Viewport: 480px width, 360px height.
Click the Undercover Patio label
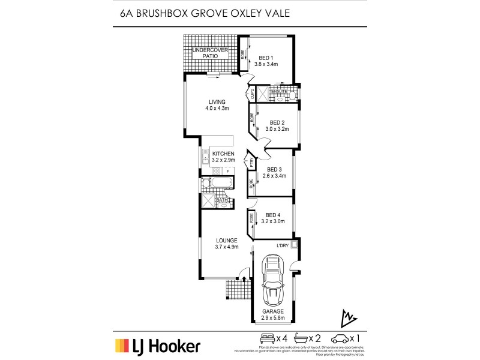tap(210, 52)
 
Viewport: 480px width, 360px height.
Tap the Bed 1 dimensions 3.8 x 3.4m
tap(266, 64)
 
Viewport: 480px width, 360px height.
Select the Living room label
tap(217, 101)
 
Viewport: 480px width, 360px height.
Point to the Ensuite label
tap(277, 91)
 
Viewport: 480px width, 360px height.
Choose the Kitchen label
tap(223, 154)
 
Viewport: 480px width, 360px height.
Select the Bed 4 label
tap(273, 215)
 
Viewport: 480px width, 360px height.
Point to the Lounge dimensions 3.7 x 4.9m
tap(227, 247)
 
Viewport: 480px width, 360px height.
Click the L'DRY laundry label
tap(283, 245)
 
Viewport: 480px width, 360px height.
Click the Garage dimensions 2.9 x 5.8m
tap(274, 319)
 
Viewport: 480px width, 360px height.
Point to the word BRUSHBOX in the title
tap(158, 13)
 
